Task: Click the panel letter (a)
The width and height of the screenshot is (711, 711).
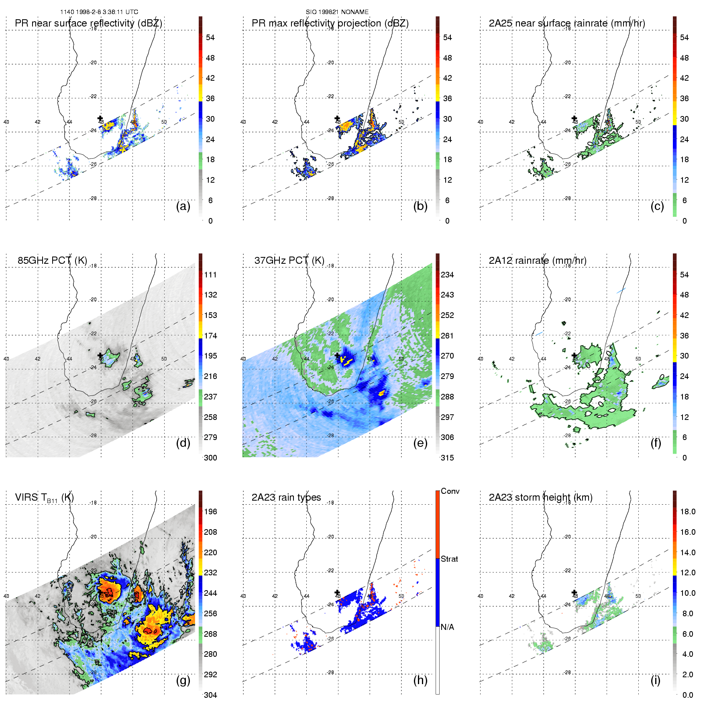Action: (x=183, y=206)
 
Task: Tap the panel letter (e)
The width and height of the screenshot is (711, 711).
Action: (x=420, y=443)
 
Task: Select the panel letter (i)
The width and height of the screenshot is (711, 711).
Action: (x=655, y=680)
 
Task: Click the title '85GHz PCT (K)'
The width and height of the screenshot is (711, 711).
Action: (x=52, y=260)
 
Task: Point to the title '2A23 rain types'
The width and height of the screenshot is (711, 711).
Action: (x=286, y=497)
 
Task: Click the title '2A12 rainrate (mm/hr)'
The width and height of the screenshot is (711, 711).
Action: (x=538, y=260)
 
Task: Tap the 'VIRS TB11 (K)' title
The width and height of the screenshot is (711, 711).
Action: (x=44, y=497)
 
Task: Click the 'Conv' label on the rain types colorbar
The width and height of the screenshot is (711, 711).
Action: (x=450, y=491)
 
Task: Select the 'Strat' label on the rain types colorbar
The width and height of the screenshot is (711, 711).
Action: (x=449, y=559)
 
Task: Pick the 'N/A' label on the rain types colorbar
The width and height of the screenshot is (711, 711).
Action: (x=447, y=627)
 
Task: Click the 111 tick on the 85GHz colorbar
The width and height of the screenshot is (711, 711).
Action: (x=210, y=275)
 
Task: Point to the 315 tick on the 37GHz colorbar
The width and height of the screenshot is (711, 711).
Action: (x=447, y=458)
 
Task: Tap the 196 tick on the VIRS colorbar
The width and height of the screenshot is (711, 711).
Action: (x=210, y=511)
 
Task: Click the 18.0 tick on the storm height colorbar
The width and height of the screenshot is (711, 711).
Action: (x=688, y=511)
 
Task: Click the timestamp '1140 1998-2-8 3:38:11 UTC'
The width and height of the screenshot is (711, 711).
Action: (x=99, y=12)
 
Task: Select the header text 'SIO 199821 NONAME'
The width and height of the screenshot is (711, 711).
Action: (x=337, y=12)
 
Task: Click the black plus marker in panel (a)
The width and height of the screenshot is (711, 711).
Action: (x=100, y=118)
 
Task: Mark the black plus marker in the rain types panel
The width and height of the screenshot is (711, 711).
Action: (x=337, y=592)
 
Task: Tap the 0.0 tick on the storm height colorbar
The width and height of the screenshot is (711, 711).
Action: (x=688, y=695)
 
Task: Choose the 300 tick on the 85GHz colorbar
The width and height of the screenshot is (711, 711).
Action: (x=210, y=458)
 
